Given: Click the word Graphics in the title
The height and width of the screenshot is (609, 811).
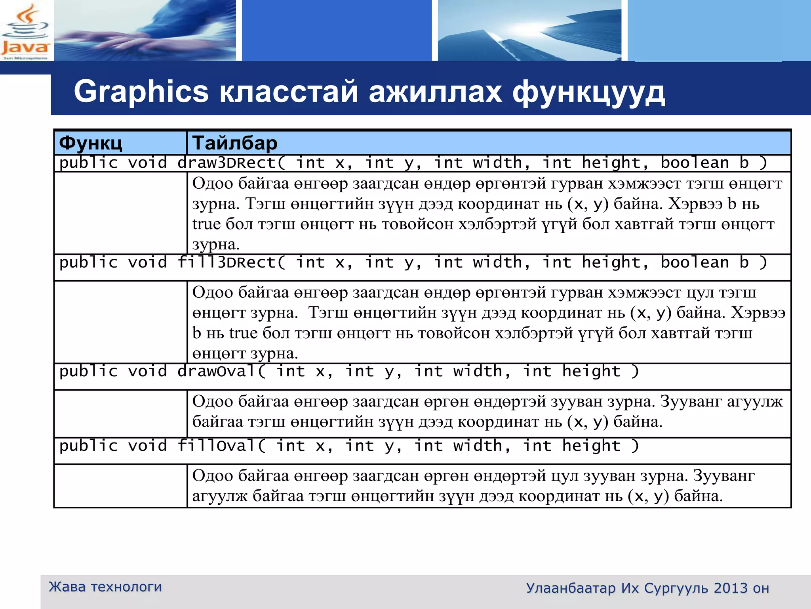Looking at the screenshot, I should point(141,92).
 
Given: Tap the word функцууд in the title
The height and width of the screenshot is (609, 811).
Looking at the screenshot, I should point(588,92).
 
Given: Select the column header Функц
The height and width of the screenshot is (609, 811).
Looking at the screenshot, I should point(91,143).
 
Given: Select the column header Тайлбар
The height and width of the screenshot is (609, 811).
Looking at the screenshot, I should point(234,143).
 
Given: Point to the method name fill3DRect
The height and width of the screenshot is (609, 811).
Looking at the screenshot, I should point(227,262).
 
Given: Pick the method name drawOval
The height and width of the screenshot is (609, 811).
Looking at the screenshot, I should point(217,372).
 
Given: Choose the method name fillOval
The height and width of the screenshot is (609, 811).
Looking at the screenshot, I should point(217,446).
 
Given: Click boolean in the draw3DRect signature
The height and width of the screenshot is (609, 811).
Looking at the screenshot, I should point(695,163).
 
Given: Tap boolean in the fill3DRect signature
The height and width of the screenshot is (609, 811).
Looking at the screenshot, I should point(695,262).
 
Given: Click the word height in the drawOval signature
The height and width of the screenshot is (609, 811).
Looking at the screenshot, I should point(591,372).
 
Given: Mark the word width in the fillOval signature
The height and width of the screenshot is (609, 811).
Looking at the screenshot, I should point(478,446).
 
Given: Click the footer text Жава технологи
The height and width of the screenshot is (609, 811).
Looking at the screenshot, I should point(105,587).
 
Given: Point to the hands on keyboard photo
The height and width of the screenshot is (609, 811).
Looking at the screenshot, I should point(145,31).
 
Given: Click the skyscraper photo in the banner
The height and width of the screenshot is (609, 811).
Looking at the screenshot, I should point(529,31).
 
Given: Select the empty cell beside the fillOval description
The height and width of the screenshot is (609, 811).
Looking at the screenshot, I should point(120,486).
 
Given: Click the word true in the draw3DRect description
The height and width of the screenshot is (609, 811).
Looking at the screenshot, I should point(206,224).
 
